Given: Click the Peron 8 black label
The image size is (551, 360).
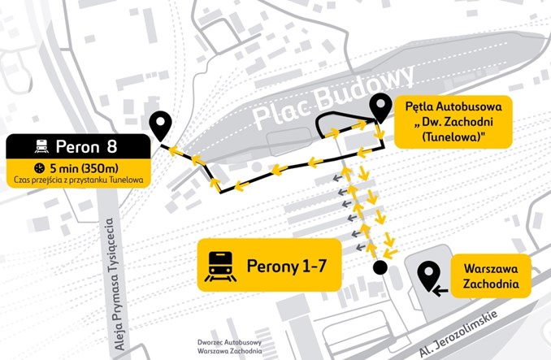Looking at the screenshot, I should pyautogui.click(x=78, y=148).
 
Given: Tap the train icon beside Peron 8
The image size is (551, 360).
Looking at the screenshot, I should pyautogui.click(x=40, y=148).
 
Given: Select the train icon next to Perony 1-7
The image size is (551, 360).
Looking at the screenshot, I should pyautogui.click(x=221, y=265).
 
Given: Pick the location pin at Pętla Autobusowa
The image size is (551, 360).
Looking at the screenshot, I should pyautogui.click(x=380, y=107).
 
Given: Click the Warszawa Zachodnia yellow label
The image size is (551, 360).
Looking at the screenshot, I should pyautogui.click(x=490, y=278).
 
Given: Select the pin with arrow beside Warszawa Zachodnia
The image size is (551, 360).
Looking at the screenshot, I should pyautogui.click(x=430, y=278).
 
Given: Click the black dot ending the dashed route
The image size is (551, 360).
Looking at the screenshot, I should pyautogui.click(x=379, y=267).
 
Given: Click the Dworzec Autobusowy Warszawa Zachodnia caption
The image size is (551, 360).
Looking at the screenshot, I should pyautogui.click(x=228, y=347).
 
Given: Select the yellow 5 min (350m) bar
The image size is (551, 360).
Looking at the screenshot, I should pyautogui.click(x=78, y=168).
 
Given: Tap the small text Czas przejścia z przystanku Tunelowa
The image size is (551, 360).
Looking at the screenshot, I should pyautogui.click(x=78, y=180).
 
